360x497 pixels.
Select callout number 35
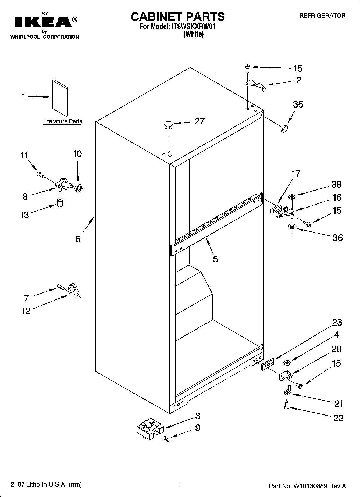[x=298, y=104]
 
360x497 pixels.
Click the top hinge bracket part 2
[x=255, y=85]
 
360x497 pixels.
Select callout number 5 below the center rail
[x=215, y=259]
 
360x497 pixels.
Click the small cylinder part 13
[x=60, y=203]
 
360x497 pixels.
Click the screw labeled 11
[x=41, y=175]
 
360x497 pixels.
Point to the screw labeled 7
[x=60, y=287]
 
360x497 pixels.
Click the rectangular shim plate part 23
[x=268, y=364]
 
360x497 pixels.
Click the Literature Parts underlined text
[x=63, y=121]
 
